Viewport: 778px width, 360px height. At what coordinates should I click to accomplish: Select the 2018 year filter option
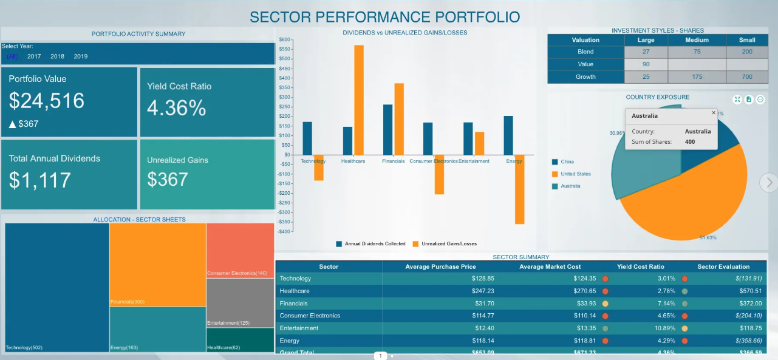[x=57, y=56]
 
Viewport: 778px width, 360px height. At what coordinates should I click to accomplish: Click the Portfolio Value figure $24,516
[x=47, y=100]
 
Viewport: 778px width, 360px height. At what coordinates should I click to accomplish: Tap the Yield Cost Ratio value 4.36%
[x=177, y=108]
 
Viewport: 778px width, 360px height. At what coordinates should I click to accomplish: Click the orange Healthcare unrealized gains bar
[x=359, y=100]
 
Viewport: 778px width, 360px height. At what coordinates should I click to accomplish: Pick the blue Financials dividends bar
[x=387, y=129]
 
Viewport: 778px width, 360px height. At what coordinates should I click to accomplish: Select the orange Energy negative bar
[x=519, y=189]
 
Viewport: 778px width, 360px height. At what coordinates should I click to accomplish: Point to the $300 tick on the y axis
[x=284, y=97]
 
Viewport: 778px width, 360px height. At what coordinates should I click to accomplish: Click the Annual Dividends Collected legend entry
[x=370, y=243]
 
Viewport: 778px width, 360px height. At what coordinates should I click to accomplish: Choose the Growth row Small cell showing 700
[x=746, y=77]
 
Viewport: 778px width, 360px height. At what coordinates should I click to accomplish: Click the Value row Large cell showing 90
[x=646, y=64]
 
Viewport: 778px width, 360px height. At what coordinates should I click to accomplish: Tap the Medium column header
[x=697, y=40]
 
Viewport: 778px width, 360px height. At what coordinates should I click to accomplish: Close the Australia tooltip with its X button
[x=714, y=113]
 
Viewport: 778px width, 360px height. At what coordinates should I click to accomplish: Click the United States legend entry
[x=575, y=174]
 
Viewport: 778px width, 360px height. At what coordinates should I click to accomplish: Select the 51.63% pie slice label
[x=708, y=237]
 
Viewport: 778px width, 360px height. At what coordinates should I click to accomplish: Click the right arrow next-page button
[x=769, y=182]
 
